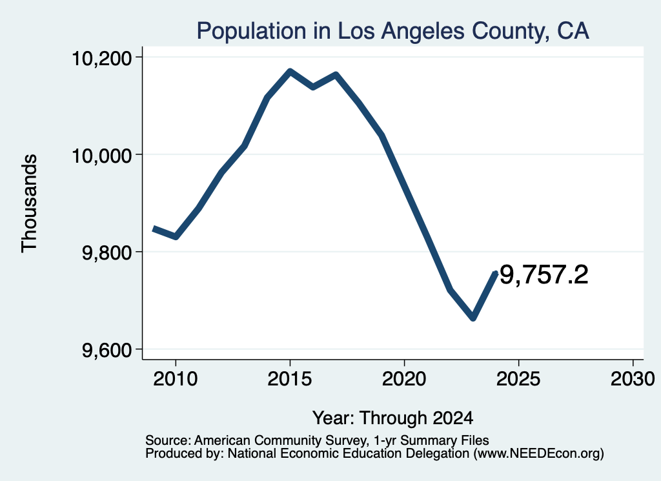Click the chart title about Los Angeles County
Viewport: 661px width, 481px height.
tap(392, 31)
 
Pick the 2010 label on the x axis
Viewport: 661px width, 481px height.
tap(176, 379)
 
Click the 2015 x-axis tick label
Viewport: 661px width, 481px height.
tap(290, 379)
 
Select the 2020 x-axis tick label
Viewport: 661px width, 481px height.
tap(404, 379)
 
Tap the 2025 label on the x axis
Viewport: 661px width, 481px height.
tap(518, 379)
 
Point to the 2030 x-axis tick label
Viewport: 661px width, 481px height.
tap(633, 379)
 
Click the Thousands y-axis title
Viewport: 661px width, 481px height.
tap(30, 203)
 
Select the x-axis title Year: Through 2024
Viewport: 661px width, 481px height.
tap(392, 418)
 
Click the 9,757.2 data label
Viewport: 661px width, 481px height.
tap(544, 275)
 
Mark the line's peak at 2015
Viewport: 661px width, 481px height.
tap(290, 71)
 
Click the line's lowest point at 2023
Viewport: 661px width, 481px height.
tap(473, 318)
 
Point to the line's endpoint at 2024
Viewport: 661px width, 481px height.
tap(496, 273)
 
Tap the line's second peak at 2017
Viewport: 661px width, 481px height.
tap(336, 75)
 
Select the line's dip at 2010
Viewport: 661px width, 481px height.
tap(176, 236)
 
